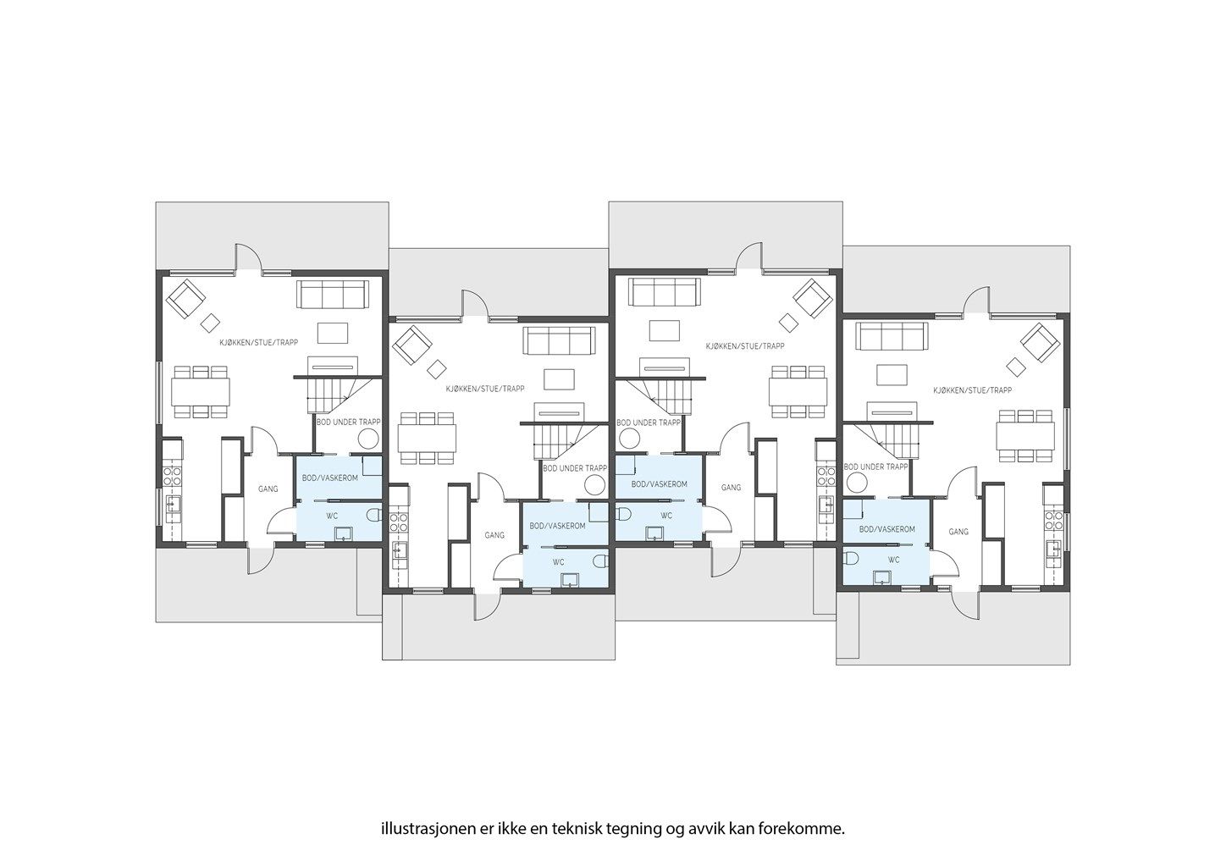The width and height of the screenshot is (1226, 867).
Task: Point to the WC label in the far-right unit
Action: (x=894, y=561)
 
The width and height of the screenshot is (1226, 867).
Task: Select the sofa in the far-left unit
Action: (x=333, y=294)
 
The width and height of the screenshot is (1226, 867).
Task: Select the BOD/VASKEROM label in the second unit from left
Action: (x=557, y=526)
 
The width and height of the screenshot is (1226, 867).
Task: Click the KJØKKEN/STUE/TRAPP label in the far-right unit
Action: (x=973, y=391)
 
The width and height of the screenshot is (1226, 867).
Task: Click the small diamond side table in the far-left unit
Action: (x=210, y=323)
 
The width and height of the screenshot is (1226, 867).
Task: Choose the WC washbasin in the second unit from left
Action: (x=570, y=579)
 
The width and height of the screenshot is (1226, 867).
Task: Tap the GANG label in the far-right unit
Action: (x=958, y=532)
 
